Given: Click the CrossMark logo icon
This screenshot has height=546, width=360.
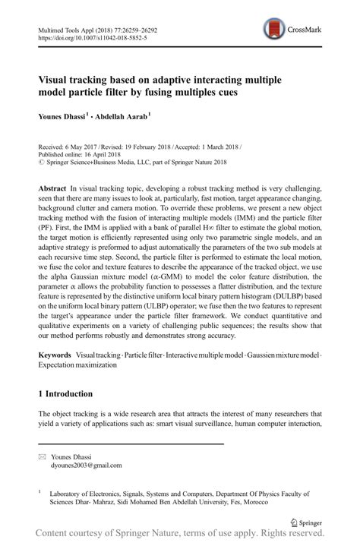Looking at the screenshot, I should coord(272,30).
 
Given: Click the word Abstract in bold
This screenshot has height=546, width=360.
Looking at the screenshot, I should coord(52,187).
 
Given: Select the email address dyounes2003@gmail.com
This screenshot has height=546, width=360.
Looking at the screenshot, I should coord(85,466).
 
